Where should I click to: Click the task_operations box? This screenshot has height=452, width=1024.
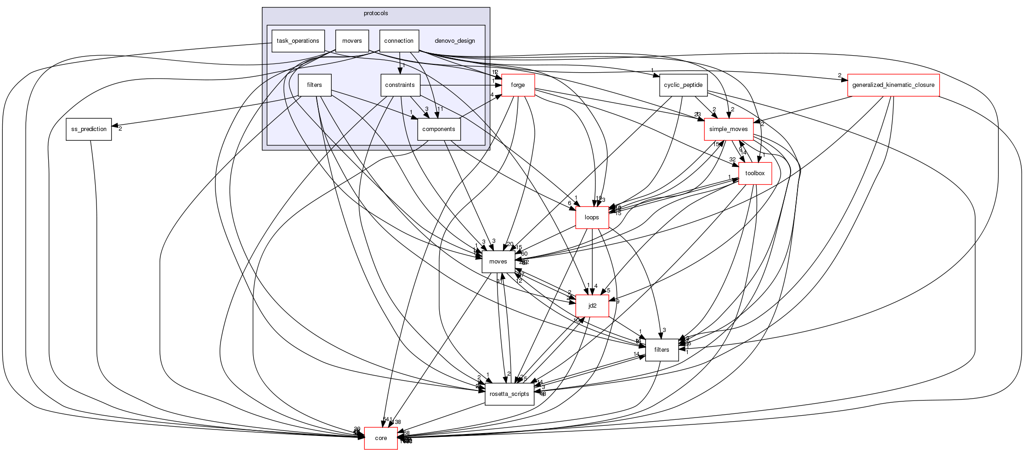[298, 41]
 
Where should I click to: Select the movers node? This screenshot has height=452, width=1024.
[352, 41]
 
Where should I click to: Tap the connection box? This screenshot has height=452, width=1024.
[399, 41]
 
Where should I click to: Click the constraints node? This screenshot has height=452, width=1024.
[400, 85]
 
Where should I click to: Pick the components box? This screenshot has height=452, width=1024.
[439, 129]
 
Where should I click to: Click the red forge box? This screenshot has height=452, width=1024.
[518, 85]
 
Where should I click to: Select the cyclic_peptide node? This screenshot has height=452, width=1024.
[683, 85]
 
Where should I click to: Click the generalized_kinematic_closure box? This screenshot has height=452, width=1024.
[893, 85]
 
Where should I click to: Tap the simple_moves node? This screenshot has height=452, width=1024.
[729, 129]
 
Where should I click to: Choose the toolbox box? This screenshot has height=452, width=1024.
[755, 173]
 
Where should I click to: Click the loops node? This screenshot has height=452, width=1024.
[592, 217]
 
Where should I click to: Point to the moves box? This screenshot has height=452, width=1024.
[498, 262]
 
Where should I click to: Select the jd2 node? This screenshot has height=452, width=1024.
[592, 306]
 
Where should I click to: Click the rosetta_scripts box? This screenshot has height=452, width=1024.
[509, 394]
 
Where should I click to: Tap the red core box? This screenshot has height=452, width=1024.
[381, 438]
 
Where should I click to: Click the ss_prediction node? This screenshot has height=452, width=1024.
[89, 129]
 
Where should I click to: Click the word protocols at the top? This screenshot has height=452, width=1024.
[376, 13]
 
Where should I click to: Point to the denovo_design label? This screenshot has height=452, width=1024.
[454, 41]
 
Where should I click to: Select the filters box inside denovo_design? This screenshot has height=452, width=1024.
[314, 85]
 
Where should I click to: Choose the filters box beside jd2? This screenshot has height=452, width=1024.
[662, 350]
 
